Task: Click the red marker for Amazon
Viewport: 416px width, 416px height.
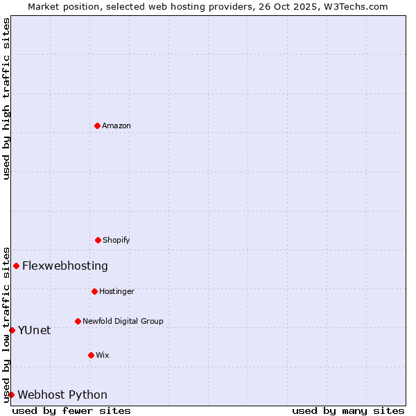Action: (97, 125)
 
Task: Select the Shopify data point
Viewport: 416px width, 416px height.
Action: (98, 240)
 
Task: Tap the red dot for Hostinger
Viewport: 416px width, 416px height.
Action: (94, 291)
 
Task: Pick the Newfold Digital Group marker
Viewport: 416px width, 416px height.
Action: (78, 321)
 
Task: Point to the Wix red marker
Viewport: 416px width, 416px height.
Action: (91, 355)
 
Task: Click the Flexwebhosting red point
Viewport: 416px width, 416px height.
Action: (16, 266)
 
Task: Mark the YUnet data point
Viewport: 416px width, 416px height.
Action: (12, 330)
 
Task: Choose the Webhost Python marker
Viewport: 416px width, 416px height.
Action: (11, 395)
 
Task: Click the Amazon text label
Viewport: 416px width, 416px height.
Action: (116, 125)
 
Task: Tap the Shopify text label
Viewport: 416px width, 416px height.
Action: (116, 240)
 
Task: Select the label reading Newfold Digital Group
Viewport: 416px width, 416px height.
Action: (123, 321)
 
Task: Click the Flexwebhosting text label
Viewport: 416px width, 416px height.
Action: (65, 266)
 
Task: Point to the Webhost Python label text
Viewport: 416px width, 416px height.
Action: (62, 395)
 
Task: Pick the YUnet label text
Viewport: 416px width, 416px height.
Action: (34, 330)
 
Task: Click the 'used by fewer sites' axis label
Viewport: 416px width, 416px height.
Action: (71, 410)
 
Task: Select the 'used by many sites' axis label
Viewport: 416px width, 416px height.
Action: (348, 410)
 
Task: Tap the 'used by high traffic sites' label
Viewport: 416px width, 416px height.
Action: (6, 98)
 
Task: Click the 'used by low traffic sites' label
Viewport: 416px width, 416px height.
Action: (6, 324)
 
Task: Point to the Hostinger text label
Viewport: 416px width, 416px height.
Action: (116, 291)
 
